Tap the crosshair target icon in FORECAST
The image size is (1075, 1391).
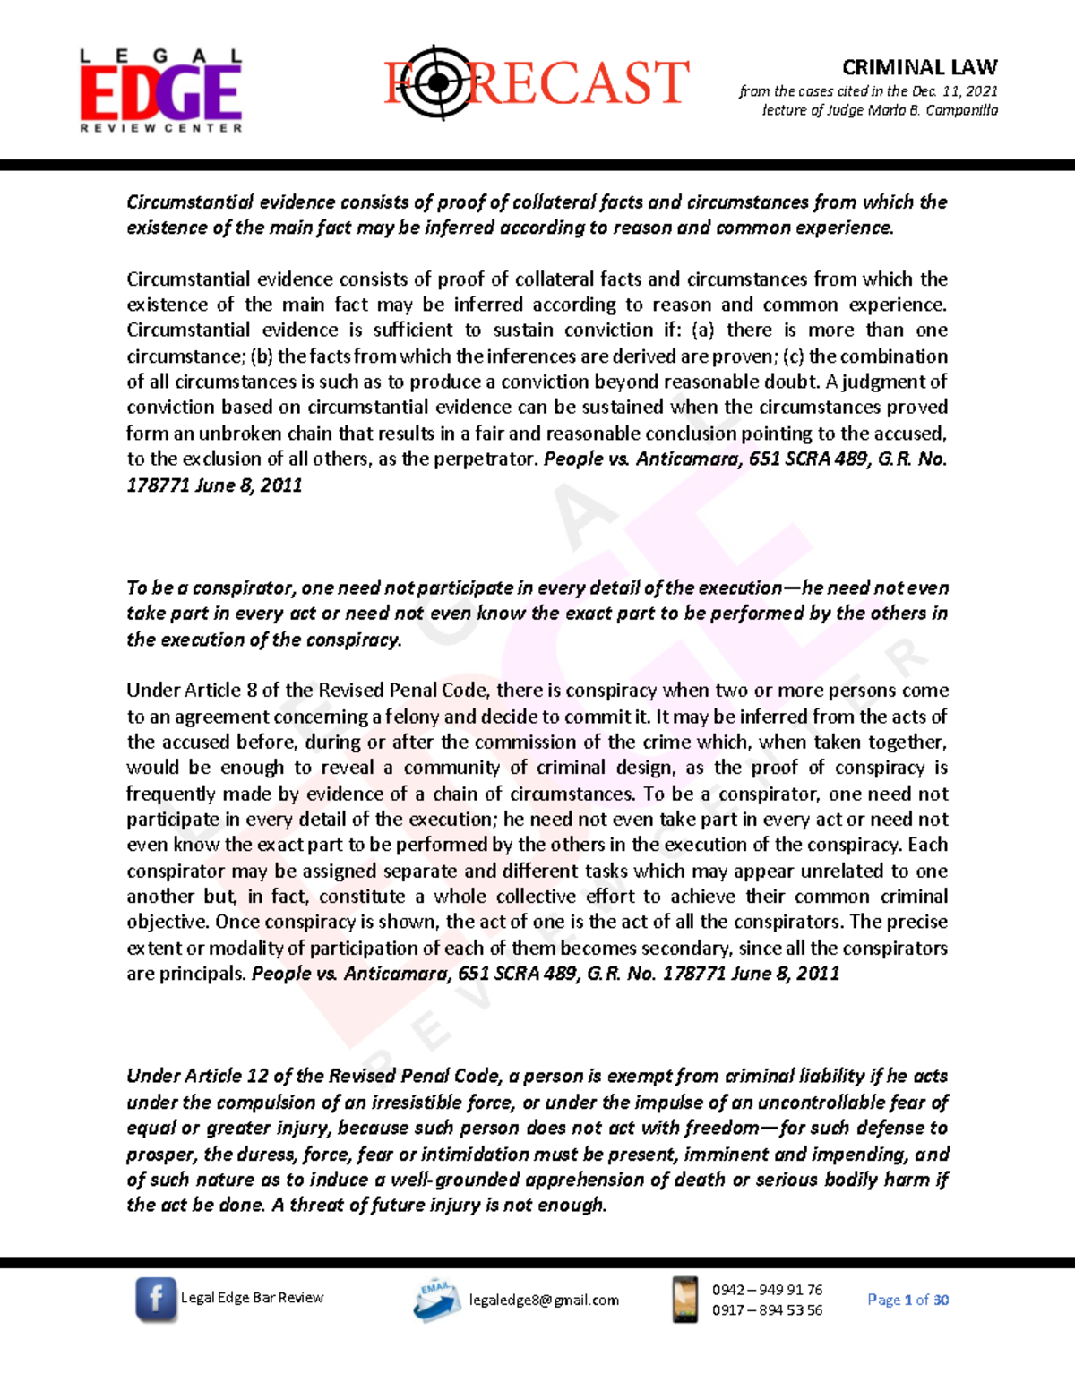[436, 82]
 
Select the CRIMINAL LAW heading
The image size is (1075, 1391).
[919, 67]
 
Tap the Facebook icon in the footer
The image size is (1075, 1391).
[156, 1299]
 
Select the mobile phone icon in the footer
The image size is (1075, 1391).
[685, 1300]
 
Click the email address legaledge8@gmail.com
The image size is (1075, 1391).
[544, 1301]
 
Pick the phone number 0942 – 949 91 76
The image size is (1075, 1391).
[767, 1290]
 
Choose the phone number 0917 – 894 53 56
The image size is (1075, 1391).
[767, 1309]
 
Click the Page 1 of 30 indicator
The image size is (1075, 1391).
[907, 1300]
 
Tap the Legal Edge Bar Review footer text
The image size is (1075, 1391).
[252, 1298]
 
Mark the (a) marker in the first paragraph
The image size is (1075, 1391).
[703, 331]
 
